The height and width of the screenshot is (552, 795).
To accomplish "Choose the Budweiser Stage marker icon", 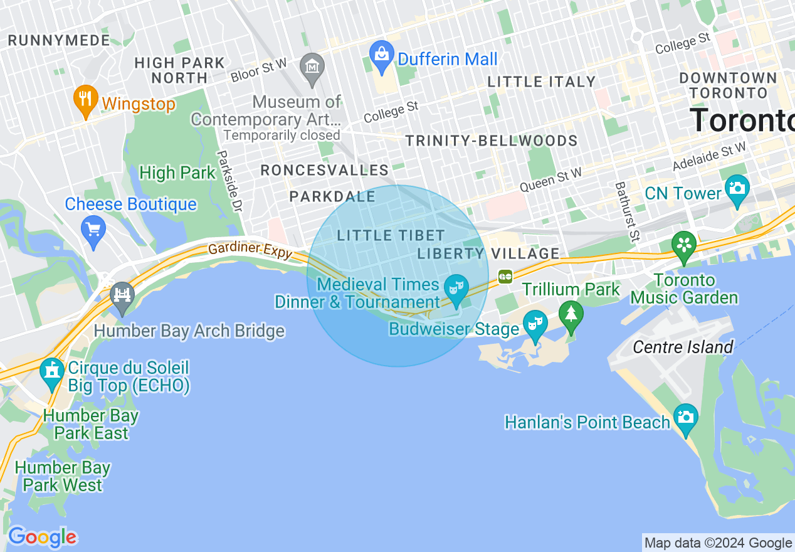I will (x=535, y=326).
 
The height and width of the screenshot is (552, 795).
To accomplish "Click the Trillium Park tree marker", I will (x=571, y=315).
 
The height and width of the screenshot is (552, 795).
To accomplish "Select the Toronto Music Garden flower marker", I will (x=684, y=245).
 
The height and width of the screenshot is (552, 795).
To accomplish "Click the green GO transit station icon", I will (x=505, y=276).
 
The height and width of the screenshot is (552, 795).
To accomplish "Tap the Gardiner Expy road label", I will (x=250, y=250).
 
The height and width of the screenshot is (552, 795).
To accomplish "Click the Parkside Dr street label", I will (x=229, y=179).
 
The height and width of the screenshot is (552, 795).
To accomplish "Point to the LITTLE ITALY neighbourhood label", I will (x=541, y=82).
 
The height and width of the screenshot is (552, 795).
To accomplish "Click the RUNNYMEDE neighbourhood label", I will (x=59, y=40).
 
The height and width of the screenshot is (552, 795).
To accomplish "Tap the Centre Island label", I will (x=683, y=347).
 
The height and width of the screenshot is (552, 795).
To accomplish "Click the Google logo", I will (x=43, y=537).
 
